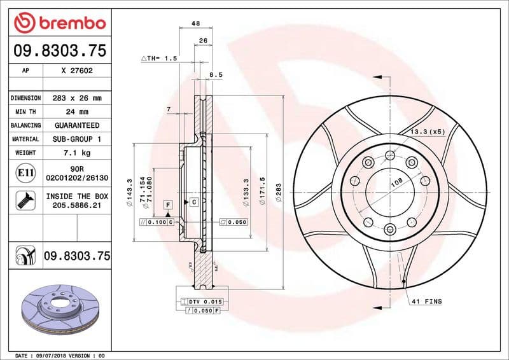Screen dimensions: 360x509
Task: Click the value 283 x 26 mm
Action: (77, 99)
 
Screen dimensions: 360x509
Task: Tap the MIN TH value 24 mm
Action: (77, 112)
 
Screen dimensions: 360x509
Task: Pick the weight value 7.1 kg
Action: (77, 153)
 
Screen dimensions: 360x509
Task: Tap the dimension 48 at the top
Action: (196, 24)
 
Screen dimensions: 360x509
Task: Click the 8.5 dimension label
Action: (216, 75)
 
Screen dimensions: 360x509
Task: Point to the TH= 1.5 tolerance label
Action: (158, 58)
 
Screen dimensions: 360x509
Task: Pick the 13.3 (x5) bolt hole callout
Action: (426, 132)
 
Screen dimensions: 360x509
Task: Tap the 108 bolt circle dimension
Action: (395, 182)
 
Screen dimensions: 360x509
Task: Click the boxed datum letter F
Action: (168, 205)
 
